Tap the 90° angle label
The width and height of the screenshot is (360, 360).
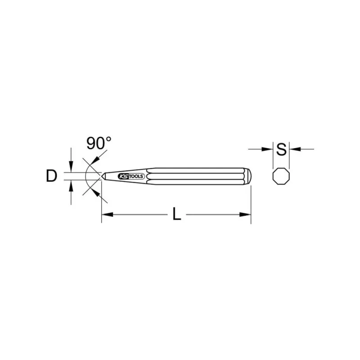[x=99, y=144]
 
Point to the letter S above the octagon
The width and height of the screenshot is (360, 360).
[x=281, y=149]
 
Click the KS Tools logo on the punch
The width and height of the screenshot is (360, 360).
[x=131, y=176]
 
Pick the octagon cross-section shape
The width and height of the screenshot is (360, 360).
[x=281, y=176]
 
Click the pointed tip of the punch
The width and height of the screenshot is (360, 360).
[x=102, y=176]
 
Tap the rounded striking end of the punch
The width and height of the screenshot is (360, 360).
[x=248, y=176]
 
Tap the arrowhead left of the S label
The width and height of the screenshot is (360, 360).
[x=269, y=148]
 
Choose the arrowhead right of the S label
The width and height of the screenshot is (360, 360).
[x=294, y=148]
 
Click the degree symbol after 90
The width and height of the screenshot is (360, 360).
[x=108, y=139]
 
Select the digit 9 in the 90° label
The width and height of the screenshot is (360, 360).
[x=90, y=144]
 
